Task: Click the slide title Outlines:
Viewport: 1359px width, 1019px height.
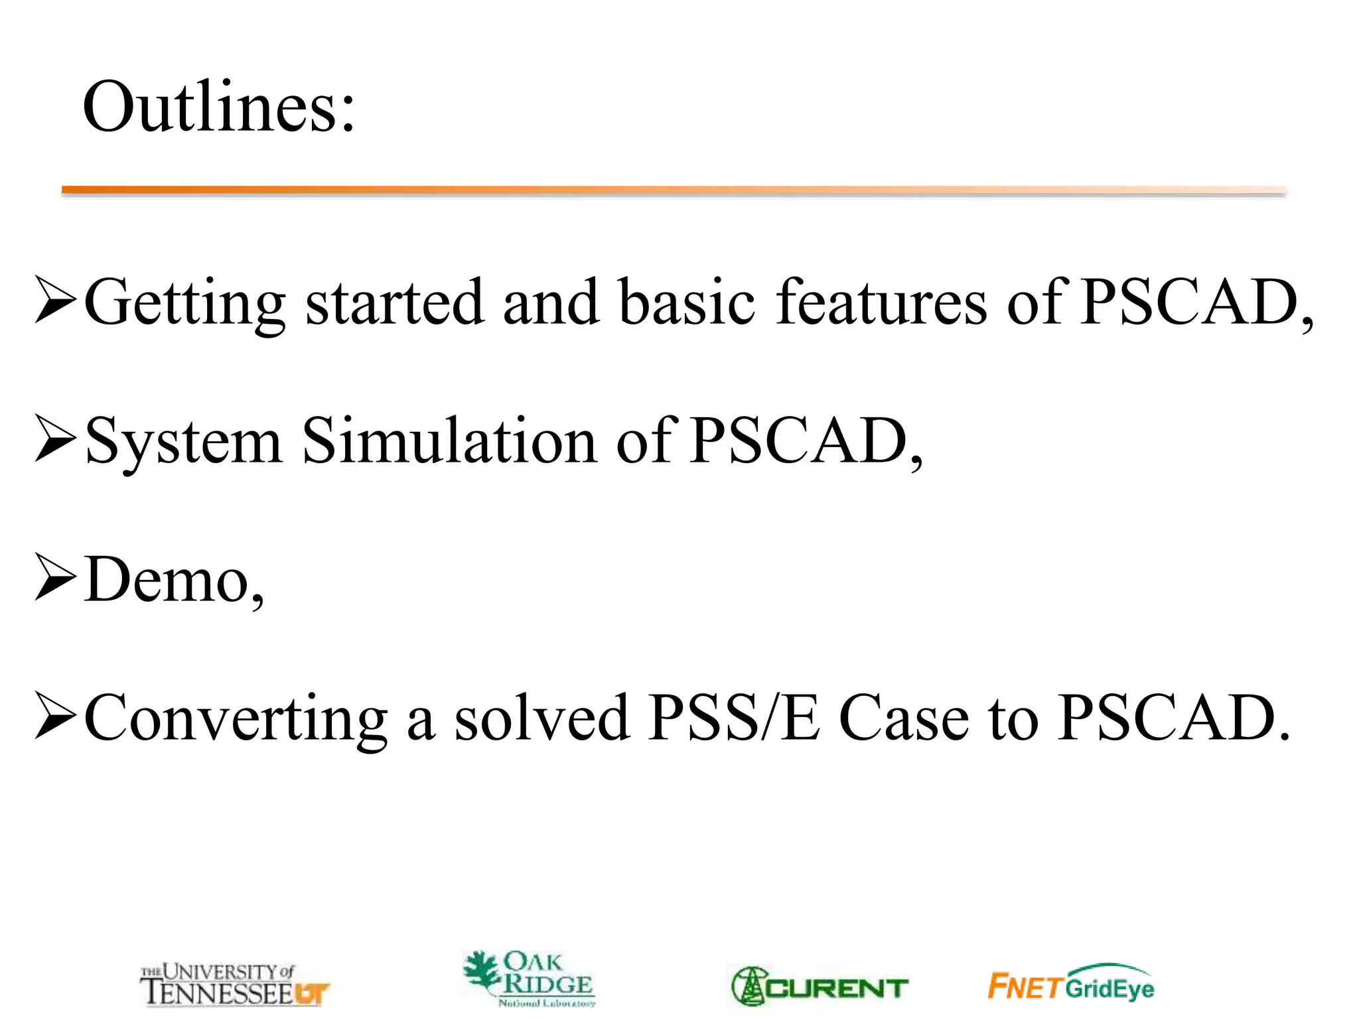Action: coord(219,107)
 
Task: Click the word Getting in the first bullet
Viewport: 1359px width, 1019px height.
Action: coord(185,303)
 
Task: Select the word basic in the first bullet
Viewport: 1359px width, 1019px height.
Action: coord(687,303)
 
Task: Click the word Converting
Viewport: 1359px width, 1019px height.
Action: coord(236,718)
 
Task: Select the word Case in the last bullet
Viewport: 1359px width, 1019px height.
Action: coord(904,718)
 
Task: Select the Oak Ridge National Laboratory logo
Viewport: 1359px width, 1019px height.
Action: coord(530,979)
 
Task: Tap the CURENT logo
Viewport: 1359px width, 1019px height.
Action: coord(820,987)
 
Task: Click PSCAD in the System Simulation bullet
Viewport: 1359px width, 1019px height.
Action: coord(799,442)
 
